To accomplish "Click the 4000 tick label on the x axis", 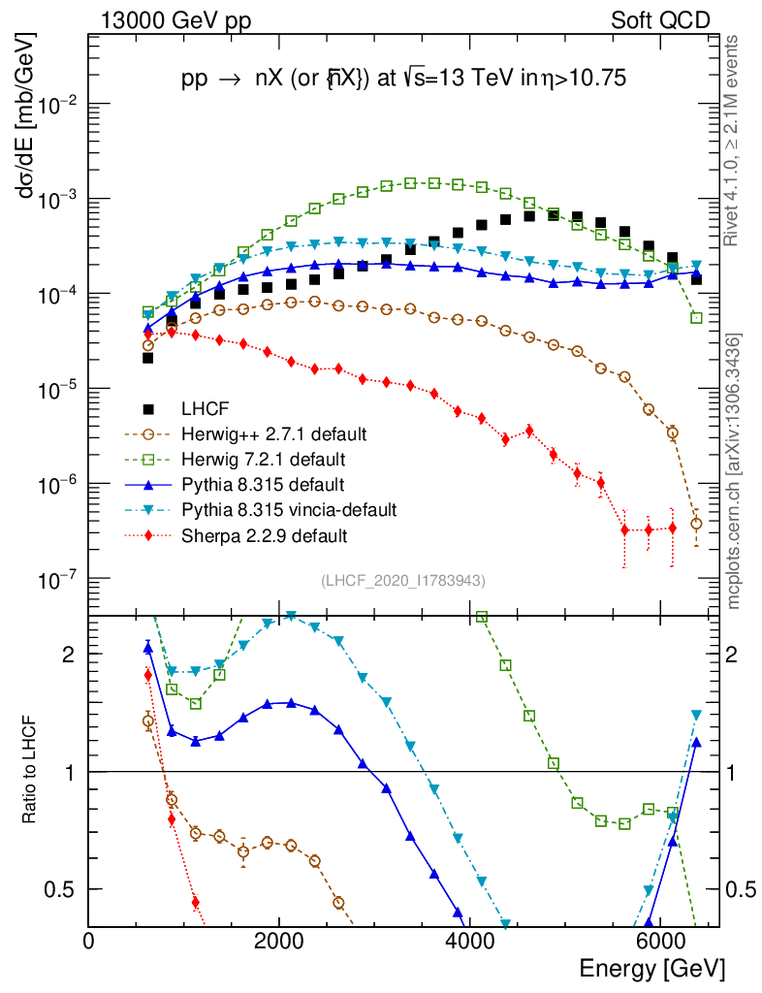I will click(x=469, y=940).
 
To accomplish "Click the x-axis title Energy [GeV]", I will click(x=651, y=968).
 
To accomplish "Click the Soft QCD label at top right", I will click(x=659, y=19).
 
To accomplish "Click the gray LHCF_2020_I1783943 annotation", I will click(x=403, y=580).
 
